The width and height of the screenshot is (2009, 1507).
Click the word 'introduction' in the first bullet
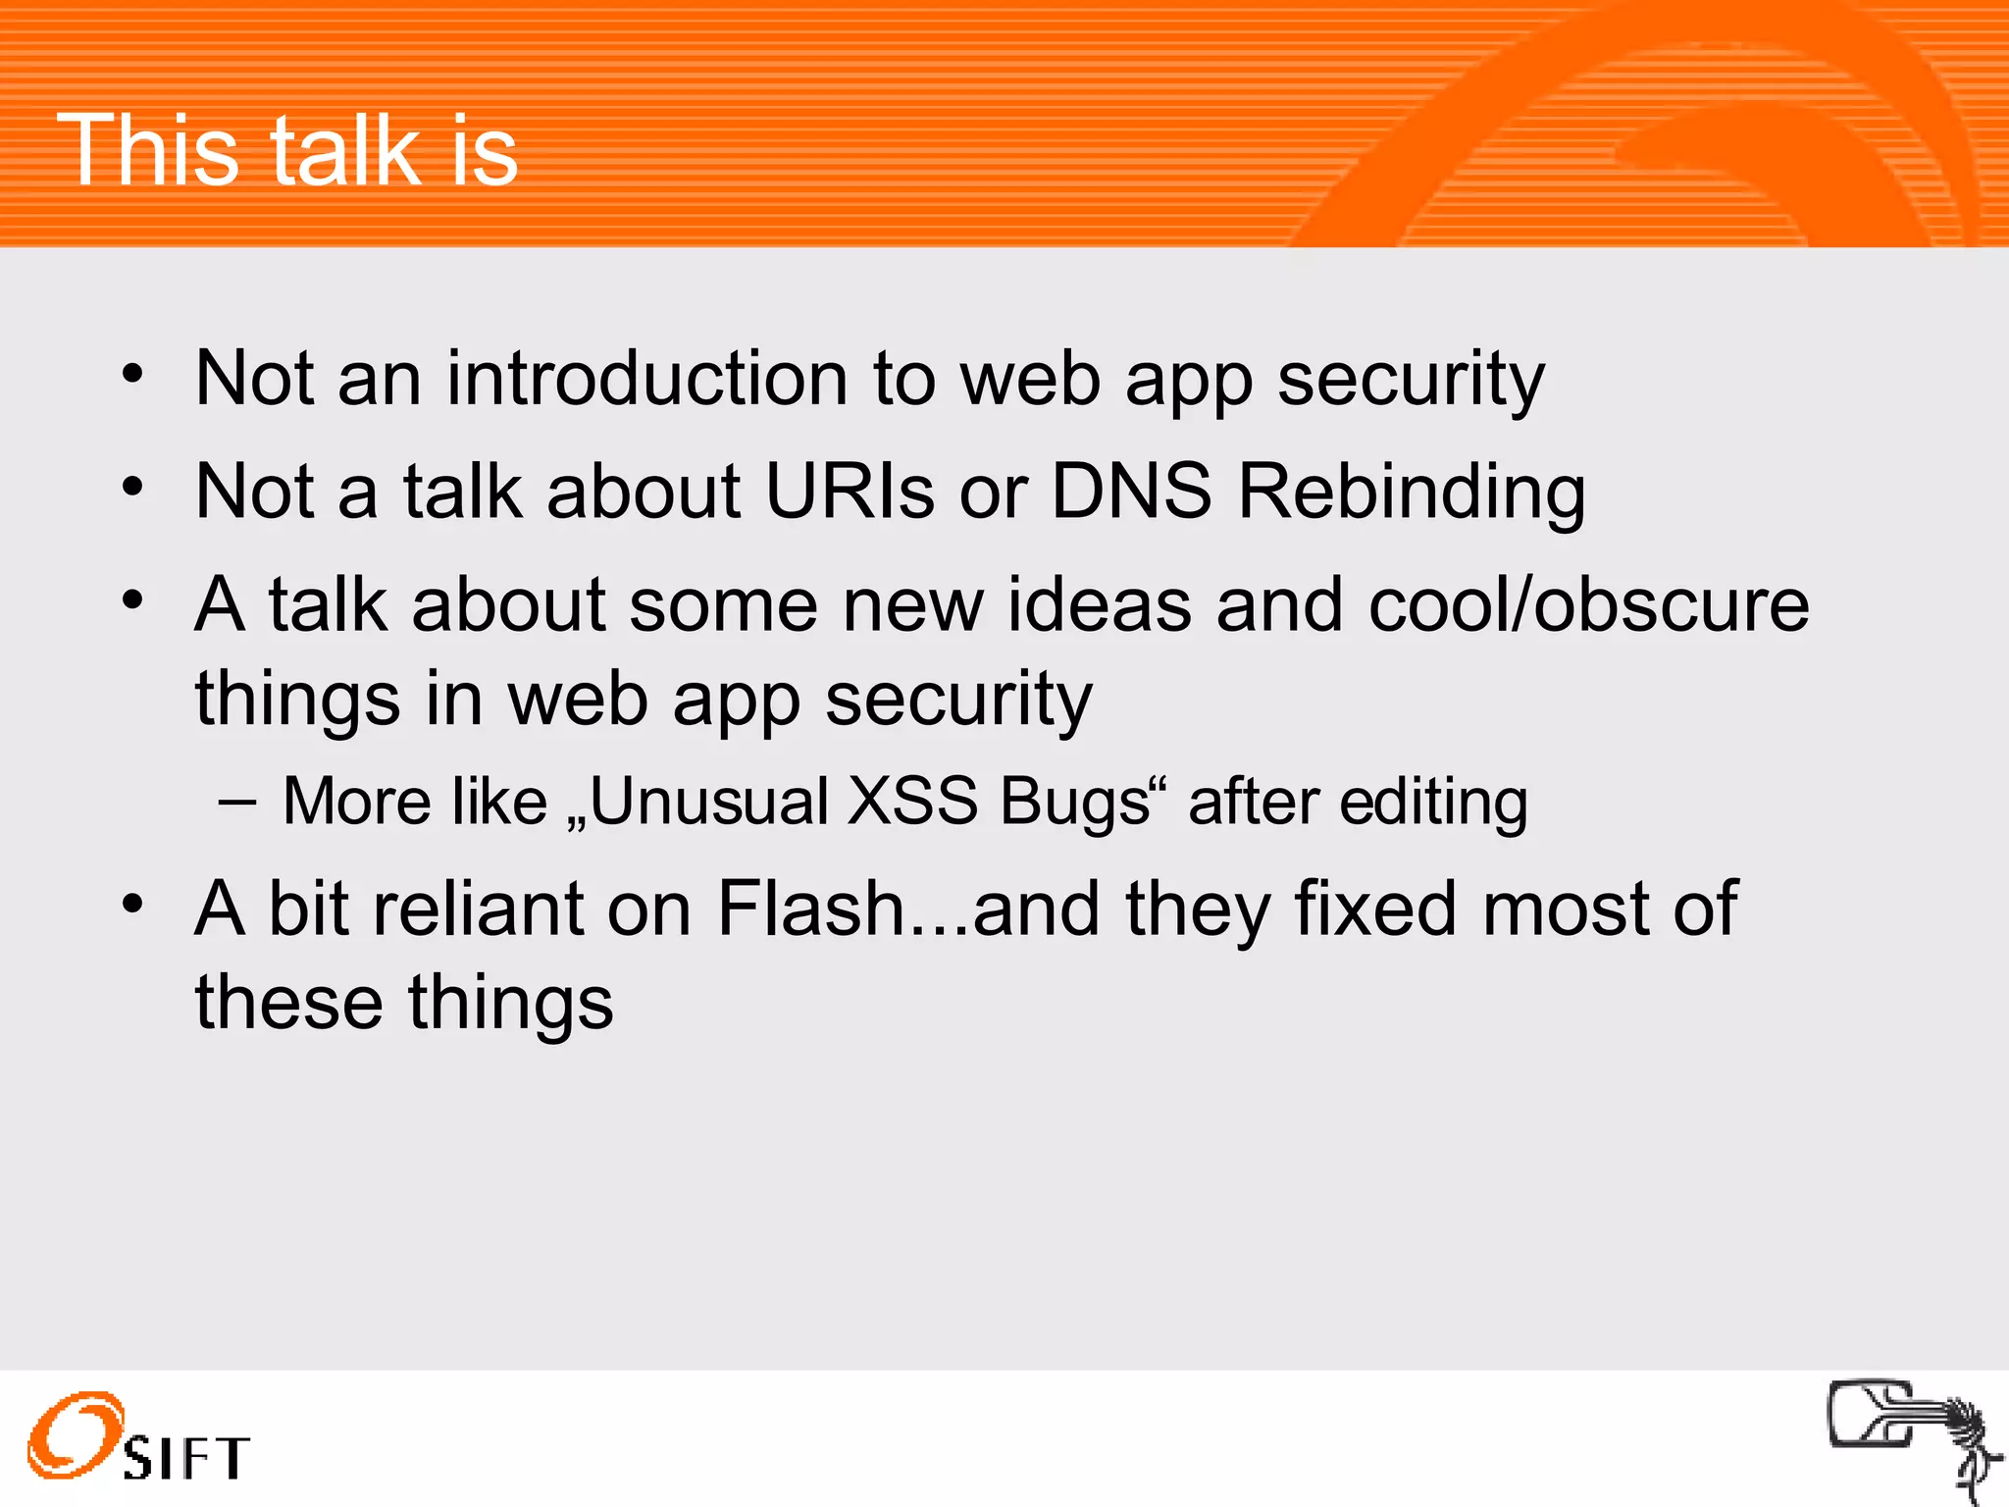[646, 379]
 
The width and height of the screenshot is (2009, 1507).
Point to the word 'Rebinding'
[1411, 493]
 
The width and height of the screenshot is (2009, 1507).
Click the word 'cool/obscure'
[1588, 605]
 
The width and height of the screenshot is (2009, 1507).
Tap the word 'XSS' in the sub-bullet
[912, 802]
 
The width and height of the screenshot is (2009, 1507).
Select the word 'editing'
[1433, 804]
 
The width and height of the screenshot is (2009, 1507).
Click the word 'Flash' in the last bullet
[810, 909]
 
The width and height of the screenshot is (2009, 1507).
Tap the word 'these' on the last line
[289, 1003]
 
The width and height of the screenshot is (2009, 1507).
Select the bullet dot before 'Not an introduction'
[132, 374]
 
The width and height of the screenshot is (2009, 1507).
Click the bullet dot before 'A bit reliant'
[132, 904]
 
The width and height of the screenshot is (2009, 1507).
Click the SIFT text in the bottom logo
[186, 1458]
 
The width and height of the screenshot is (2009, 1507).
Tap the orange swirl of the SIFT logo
[75, 1433]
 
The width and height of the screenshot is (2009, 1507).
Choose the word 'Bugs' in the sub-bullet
[1085, 804]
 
